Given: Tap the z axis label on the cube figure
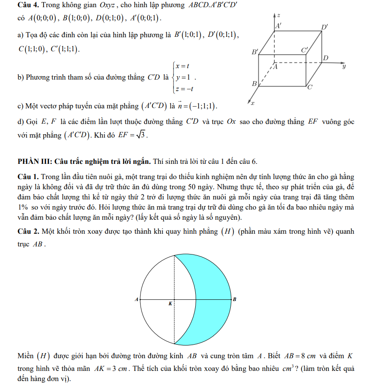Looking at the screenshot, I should coord(279,15).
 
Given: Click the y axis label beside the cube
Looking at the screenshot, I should coord(344,66).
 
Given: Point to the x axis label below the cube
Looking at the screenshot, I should coord(252,103).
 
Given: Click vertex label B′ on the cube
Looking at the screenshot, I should coord(254,52).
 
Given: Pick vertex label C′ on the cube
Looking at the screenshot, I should coord(305,50).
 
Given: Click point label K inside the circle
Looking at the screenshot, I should coord(170,304).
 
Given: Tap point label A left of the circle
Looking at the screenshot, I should coord(136,299).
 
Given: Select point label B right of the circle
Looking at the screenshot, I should coord(234,299).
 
